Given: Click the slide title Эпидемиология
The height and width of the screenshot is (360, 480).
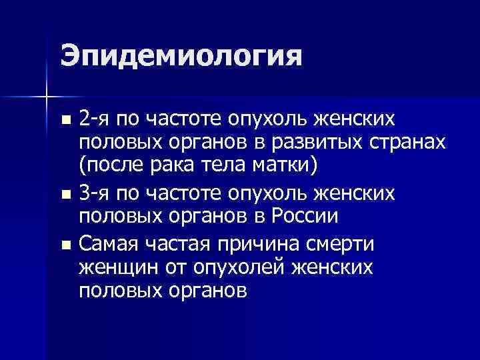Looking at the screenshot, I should (181, 57).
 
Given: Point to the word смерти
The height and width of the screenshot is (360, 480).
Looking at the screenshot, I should (341, 243).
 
